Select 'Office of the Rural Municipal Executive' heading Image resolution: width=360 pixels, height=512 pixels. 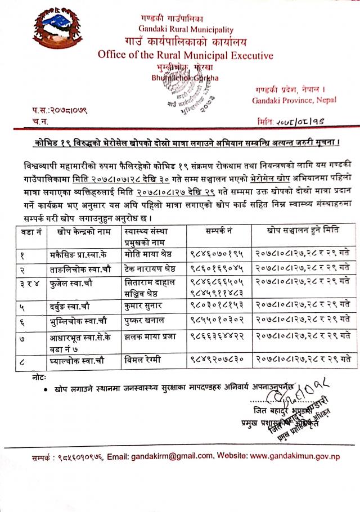point(185,55)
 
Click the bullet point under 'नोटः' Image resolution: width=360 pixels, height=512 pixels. point(44,388)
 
